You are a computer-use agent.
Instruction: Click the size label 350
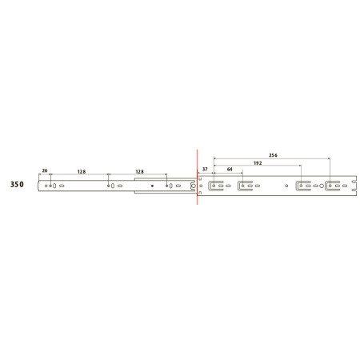coord(17,184)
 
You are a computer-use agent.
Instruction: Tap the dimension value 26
coord(45,170)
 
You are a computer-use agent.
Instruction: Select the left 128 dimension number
coord(82,172)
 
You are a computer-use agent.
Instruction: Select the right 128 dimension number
coord(140,172)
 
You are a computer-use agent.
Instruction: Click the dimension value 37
coord(205,169)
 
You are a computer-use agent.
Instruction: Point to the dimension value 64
coord(230,169)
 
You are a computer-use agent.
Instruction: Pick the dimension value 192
coord(258,163)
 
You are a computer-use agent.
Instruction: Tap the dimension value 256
coord(273,155)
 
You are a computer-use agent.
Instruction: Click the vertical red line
coord(197,177)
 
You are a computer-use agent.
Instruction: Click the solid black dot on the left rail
coord(152,186)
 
